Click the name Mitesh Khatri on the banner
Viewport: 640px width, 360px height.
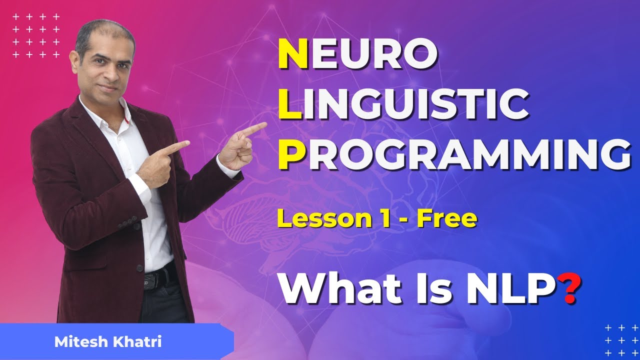tap(108, 342)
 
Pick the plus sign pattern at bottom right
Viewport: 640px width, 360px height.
tap(620, 340)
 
